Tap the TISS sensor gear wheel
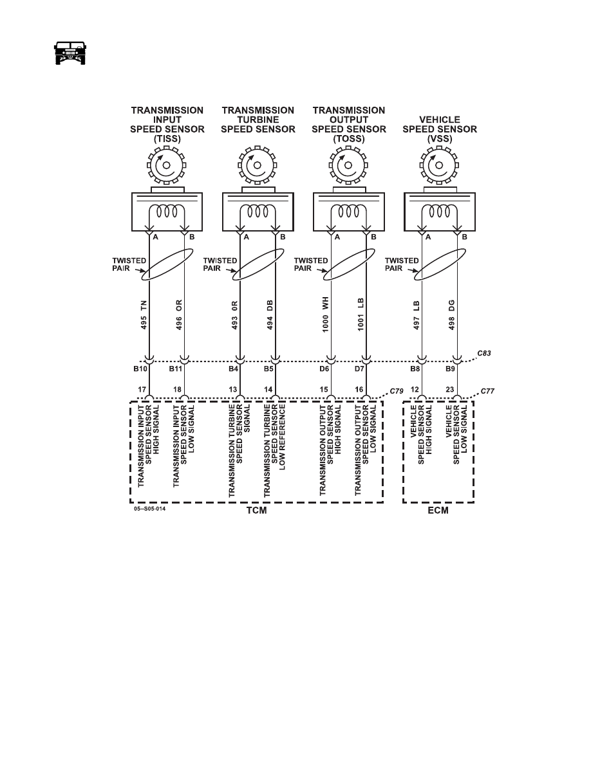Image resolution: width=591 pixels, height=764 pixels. click(167, 165)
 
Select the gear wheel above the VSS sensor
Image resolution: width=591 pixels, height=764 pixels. click(439, 165)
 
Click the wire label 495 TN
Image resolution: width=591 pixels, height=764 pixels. click(144, 315)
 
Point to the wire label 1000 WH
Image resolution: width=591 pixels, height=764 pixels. click(325, 314)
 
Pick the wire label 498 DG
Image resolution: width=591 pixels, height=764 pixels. click(451, 314)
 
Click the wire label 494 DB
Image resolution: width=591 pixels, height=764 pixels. click(270, 314)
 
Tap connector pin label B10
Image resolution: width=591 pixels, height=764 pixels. click(140, 369)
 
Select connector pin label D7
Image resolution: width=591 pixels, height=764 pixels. click(359, 369)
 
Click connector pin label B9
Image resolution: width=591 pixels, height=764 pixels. click(450, 369)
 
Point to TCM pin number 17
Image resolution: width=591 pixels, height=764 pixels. click(142, 390)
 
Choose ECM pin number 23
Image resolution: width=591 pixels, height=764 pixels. click(449, 390)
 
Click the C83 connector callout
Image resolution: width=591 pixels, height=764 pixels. click(483, 353)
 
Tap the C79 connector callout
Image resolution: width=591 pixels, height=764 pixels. click(397, 391)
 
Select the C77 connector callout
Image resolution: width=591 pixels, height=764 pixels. click(487, 391)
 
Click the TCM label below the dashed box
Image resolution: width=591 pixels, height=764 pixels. click(256, 510)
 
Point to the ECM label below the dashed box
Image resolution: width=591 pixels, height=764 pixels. click(438, 510)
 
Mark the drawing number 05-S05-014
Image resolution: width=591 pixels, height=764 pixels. click(150, 509)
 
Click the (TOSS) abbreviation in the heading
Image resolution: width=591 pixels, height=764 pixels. click(349, 139)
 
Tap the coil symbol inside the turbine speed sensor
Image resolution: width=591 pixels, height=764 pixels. click(258, 212)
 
